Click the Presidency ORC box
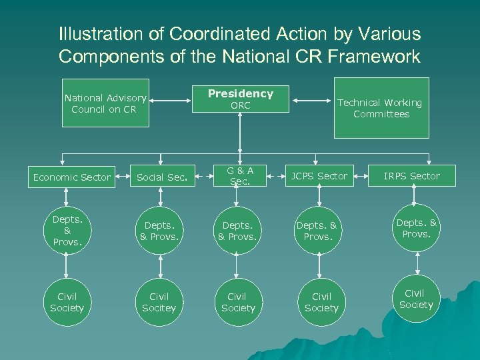point(240,99)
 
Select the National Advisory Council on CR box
point(105,103)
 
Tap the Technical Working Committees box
point(381,107)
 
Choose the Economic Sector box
point(71,177)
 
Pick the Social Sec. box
point(161,177)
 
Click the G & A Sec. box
point(241,176)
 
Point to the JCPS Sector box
point(318,176)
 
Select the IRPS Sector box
point(411,176)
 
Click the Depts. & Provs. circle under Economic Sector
point(67,231)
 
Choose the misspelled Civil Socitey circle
point(159,302)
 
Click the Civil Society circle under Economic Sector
point(67,302)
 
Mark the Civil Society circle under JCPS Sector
point(321,302)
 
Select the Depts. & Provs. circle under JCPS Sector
point(321,231)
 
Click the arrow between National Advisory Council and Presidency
point(177,101)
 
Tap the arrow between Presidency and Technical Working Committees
point(313,101)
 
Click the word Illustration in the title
point(101,33)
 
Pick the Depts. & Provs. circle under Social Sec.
point(159,231)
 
